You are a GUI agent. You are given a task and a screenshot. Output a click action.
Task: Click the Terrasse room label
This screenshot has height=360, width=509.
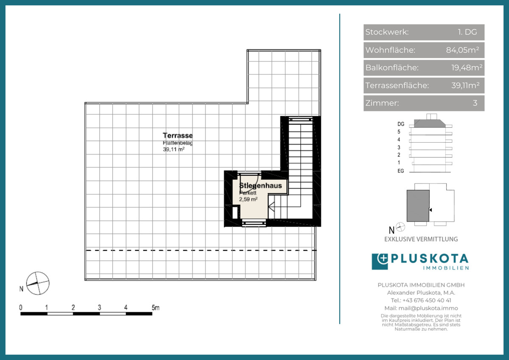coord(178,135)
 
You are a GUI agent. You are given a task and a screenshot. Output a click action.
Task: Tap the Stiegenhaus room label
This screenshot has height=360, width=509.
coord(260,186)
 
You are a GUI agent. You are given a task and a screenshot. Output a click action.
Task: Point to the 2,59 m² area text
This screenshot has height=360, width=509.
coord(248,200)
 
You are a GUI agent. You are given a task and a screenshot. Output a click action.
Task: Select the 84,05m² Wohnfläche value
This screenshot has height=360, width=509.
coord(463,50)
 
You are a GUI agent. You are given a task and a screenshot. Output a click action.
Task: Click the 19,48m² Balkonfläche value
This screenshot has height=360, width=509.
coord(467,67)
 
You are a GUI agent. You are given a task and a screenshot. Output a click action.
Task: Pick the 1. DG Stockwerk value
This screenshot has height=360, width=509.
coord(467,32)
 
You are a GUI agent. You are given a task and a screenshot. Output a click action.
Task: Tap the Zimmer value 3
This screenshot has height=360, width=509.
coord(475,103)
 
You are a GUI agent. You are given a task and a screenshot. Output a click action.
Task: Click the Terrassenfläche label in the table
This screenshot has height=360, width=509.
coord(397,85)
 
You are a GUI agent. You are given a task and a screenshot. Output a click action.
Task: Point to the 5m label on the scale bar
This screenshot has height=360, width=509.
coord(155,308)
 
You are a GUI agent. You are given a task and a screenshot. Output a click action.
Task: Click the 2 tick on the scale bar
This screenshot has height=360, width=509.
coord(73,308)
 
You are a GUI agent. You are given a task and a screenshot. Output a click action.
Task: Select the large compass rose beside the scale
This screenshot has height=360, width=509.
coord(38,283)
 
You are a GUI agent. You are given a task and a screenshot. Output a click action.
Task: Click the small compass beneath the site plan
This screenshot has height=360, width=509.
coord(400,227)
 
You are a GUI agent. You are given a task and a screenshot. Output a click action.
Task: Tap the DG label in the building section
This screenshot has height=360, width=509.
coord(401,124)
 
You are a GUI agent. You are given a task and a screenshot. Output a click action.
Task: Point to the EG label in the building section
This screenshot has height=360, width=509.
coord(400,171)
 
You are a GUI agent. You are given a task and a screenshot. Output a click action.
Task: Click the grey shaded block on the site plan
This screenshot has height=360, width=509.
coord(418,206)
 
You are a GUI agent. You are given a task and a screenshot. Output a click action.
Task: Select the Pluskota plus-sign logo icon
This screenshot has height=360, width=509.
coord(380,262)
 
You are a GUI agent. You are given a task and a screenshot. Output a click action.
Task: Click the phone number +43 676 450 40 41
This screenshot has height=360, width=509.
coord(427,301)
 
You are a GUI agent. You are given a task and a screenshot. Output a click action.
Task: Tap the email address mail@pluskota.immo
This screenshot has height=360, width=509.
coord(428,308)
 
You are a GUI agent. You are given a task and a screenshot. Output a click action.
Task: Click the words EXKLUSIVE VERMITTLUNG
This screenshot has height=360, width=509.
coord(421,239)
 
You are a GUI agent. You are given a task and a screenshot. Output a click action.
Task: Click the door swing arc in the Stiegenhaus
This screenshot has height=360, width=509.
coord(255,184)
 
